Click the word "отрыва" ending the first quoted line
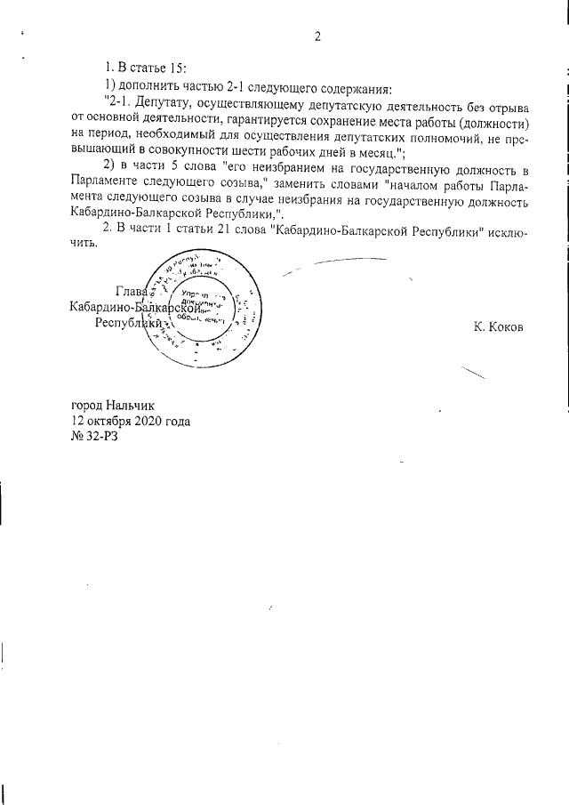click(508, 104)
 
